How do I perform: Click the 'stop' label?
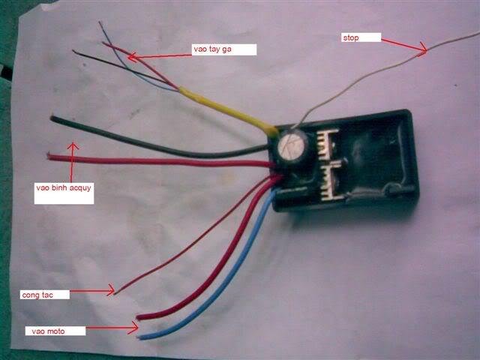(x=351, y=38)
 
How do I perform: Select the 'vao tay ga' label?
(x=212, y=49)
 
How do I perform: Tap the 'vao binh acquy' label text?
(x=64, y=187)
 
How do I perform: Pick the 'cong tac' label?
(x=37, y=295)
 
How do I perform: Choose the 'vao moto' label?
(x=48, y=331)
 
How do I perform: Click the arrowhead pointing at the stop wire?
(x=423, y=48)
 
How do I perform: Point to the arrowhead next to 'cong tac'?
(x=111, y=290)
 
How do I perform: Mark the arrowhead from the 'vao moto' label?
(x=134, y=328)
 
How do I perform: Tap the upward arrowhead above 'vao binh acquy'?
(x=73, y=146)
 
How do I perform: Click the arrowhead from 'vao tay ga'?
(x=132, y=57)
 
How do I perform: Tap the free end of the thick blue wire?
(x=139, y=337)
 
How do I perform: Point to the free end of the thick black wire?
(x=52, y=118)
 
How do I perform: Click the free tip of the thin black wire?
(x=73, y=50)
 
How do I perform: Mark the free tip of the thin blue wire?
(x=99, y=22)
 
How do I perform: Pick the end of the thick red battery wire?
(x=48, y=155)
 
